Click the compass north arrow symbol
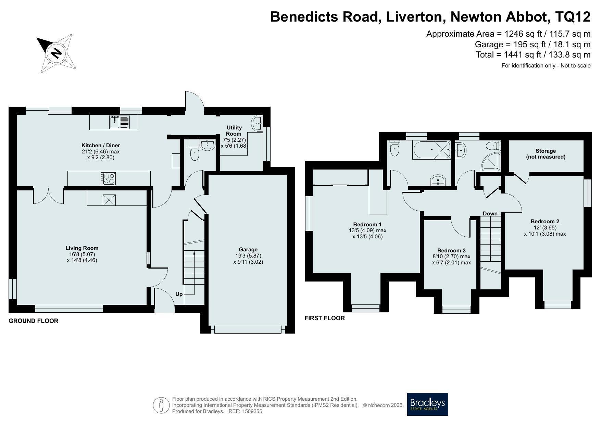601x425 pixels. click(56, 53)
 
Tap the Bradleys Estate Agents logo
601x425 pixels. click(427, 404)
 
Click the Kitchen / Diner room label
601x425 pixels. click(101, 145)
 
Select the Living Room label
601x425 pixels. click(82, 248)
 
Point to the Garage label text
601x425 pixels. click(248, 249)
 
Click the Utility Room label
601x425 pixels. click(234, 130)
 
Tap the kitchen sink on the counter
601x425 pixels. click(120, 122)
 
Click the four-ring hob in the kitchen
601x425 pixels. click(108, 178)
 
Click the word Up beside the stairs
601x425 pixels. click(179, 294)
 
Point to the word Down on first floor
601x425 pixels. click(490, 213)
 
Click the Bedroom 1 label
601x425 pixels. click(367, 224)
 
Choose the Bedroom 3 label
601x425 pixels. click(451, 250)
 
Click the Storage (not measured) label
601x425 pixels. click(546, 154)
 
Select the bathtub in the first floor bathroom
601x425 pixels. click(432, 150)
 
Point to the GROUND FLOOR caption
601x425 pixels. click(34, 321)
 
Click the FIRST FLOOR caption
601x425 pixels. click(325, 318)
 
